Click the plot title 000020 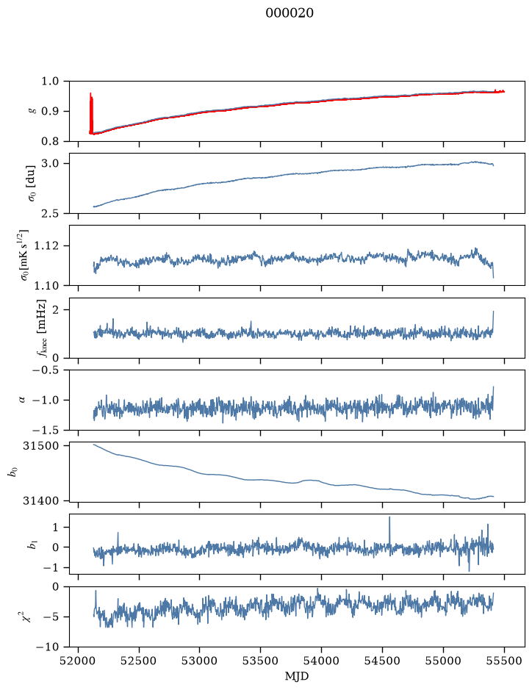pos(290,12)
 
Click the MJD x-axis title pos(297,676)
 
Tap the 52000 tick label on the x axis pos(79,661)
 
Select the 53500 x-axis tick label pos(261,661)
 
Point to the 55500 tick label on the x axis pos(504,661)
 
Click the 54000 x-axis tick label pos(321,661)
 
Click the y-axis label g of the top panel pos(31,112)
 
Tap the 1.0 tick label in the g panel pos(50,82)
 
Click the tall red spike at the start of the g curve pos(91,113)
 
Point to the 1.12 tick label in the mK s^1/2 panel pos(46,245)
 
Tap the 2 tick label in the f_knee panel pos(55,310)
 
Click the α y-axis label pos(22,400)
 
